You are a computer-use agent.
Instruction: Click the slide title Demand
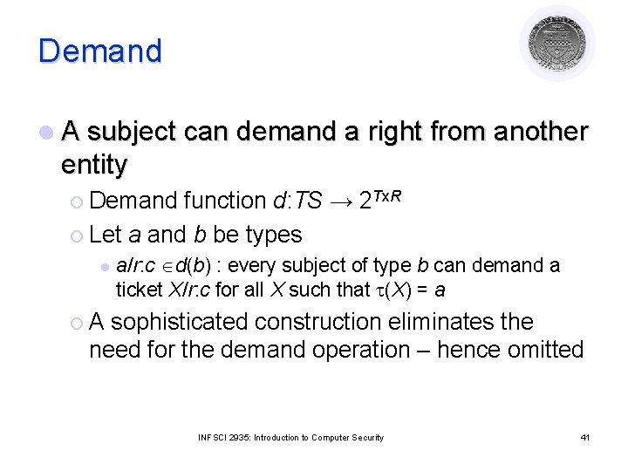click(x=99, y=51)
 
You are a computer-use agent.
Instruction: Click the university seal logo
click(x=557, y=43)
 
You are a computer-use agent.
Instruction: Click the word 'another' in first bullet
click(x=541, y=132)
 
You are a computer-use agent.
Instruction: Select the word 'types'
click(x=274, y=235)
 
